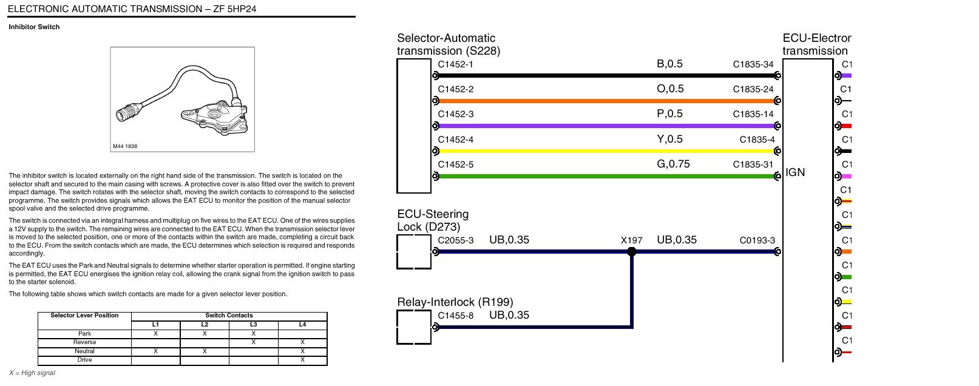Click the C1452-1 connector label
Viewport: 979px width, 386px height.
tap(455, 64)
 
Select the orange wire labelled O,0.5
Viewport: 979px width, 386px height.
tap(606, 101)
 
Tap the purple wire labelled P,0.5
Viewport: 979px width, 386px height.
tap(606, 126)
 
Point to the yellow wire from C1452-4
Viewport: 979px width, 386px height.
tap(606, 151)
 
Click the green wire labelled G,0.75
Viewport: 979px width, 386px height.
tap(606, 176)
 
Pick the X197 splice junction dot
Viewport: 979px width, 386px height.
tap(632, 252)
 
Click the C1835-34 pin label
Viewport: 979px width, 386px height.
tap(753, 64)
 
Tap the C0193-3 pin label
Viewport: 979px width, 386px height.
tap(757, 240)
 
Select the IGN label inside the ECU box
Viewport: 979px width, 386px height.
tap(795, 172)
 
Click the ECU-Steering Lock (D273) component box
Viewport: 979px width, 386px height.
tap(414, 252)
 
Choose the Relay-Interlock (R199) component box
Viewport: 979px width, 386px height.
tap(414, 327)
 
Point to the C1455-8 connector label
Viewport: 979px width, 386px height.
tap(455, 316)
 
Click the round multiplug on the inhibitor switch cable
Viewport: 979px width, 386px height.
tap(127, 112)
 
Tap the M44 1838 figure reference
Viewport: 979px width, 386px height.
tap(125, 146)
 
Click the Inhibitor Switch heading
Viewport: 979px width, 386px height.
tap(34, 27)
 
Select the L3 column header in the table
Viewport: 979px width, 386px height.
tap(254, 324)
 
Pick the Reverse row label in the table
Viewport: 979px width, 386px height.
tap(84, 342)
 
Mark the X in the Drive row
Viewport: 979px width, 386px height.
tap(302, 360)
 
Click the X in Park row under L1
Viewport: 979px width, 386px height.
tap(155, 334)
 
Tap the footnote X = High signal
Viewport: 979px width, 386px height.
tap(32, 373)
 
